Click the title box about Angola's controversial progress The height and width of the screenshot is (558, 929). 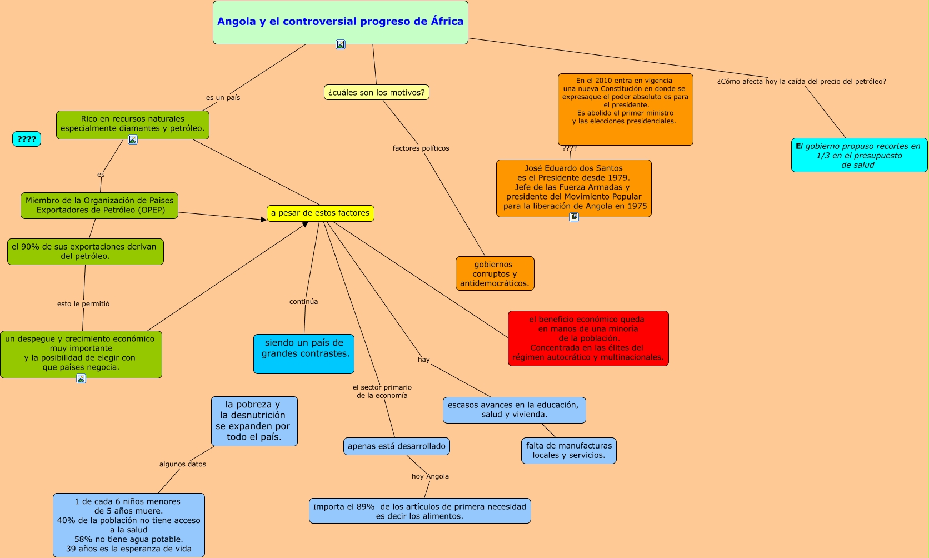340,22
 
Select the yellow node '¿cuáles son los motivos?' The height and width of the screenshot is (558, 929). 376,92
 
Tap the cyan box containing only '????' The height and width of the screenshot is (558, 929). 27,139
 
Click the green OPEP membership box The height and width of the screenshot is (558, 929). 99,205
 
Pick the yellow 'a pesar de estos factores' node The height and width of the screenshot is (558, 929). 320,213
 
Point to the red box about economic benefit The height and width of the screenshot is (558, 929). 588,338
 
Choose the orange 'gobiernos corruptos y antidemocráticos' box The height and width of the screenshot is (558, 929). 495,273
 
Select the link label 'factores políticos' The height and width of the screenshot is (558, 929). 421,148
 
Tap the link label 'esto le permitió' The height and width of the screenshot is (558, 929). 83,304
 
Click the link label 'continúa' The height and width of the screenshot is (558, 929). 303,302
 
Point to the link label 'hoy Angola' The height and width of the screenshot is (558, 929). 430,476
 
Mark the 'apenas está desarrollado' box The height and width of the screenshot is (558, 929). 396,446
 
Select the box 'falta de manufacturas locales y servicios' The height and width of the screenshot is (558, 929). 568,450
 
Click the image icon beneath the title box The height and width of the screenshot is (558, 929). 341,44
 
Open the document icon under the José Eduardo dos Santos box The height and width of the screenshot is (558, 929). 574,217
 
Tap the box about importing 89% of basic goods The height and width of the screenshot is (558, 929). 419,511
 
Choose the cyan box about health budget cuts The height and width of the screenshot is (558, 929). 859,155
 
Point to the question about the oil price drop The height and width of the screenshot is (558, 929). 801,82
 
